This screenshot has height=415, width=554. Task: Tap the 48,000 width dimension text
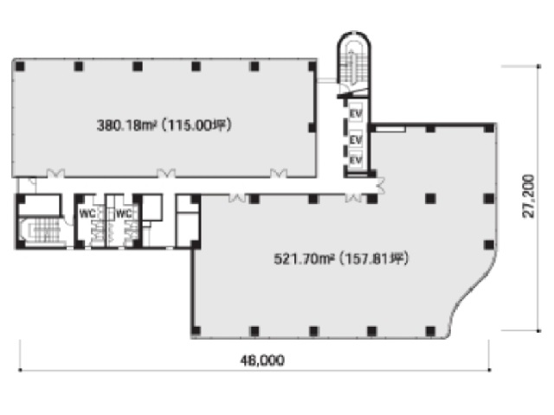262,361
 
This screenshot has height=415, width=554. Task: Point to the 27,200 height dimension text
529,196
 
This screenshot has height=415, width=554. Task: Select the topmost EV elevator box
356,113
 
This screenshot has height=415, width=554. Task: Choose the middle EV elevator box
356,138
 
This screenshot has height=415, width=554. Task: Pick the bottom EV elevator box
356,160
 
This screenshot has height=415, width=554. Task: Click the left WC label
87,214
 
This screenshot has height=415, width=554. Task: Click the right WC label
124,214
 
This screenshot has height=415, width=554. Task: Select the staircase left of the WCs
42,232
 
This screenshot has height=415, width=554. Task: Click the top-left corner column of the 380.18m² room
20,66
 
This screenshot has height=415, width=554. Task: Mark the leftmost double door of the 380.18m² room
55,173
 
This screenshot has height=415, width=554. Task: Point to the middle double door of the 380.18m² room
166,173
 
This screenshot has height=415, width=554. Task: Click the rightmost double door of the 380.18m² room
279,173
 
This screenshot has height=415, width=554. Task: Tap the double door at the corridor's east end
381,185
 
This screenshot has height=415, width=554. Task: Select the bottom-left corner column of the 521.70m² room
196,331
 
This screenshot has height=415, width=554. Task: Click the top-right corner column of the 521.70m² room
489,128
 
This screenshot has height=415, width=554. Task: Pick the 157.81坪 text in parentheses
374,259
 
